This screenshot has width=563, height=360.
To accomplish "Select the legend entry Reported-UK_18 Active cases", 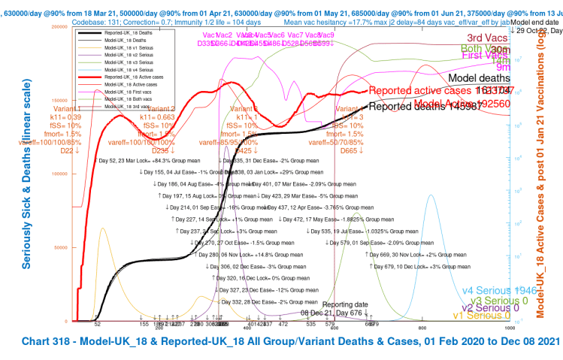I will [x=131, y=77].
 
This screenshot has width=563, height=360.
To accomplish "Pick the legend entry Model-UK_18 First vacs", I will [x=129, y=94].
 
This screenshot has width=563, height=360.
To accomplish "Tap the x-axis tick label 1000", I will [x=510, y=328].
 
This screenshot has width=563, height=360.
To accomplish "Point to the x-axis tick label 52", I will [x=97, y=324].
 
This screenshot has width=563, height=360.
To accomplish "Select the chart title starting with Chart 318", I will [x=280, y=342].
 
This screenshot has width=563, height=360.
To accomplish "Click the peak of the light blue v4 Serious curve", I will [x=431, y=195].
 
